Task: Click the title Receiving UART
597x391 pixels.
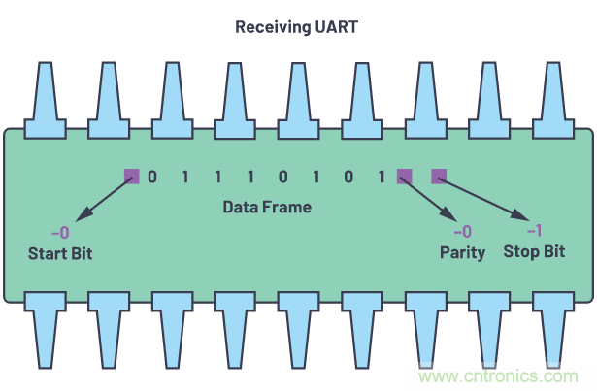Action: pos(297,26)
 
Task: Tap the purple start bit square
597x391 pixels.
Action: pos(131,177)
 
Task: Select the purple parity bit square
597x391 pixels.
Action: pos(404,177)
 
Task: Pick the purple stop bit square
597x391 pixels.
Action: pos(438,177)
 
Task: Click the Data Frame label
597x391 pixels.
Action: pos(267,207)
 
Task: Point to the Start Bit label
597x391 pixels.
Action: pos(66,252)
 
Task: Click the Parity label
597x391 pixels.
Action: pos(462,252)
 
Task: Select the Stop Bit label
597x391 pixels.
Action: pos(534,252)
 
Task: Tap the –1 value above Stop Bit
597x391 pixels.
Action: pos(533,231)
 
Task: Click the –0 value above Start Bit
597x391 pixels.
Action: pos(60,232)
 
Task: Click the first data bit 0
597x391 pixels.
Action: pos(151,178)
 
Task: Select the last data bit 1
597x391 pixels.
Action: pos(382,178)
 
